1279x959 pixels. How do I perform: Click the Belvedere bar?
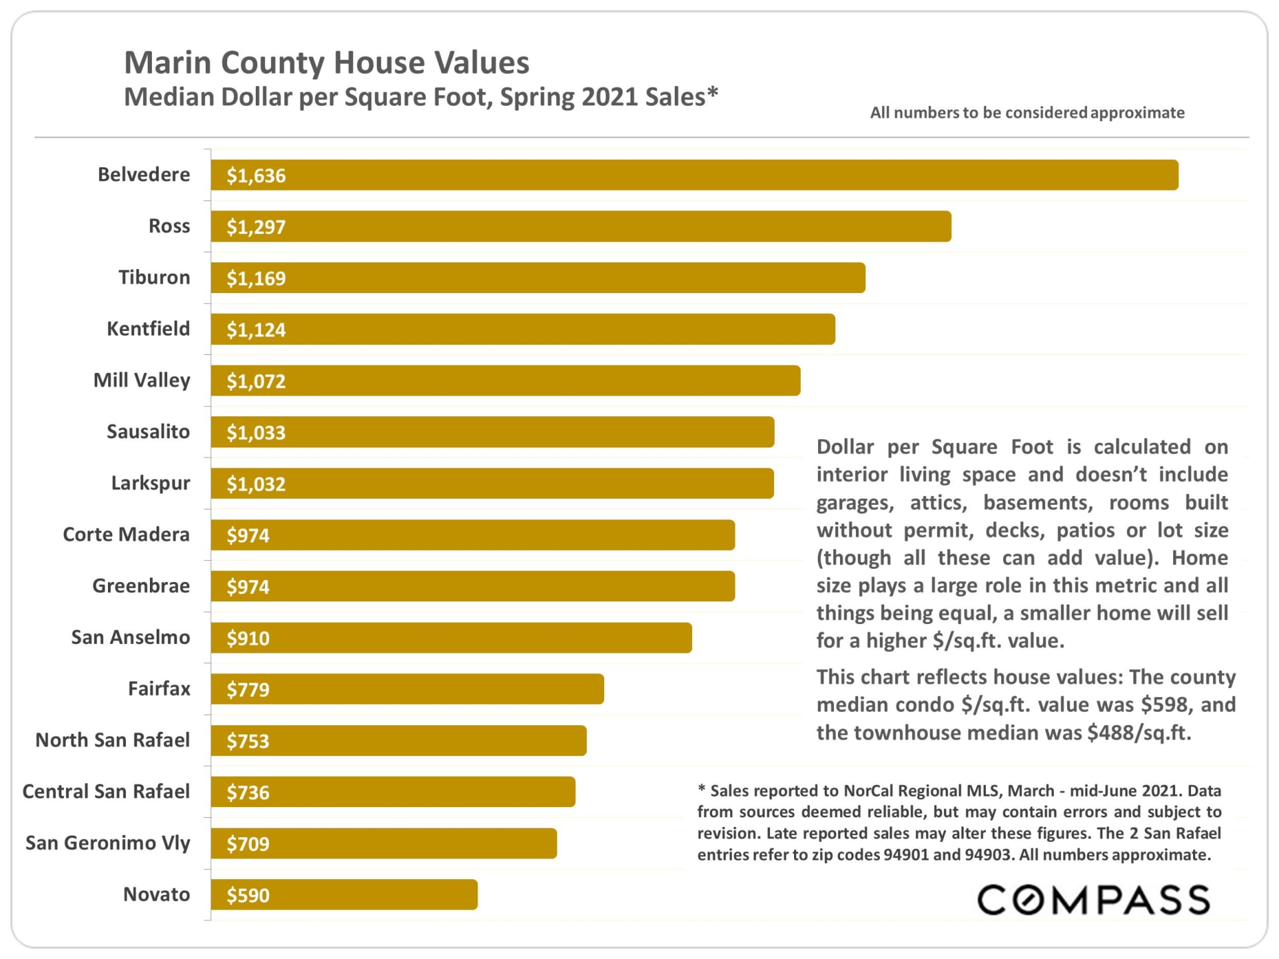click(694, 175)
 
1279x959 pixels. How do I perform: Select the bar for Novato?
click(344, 894)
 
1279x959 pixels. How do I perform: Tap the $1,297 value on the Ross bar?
click(256, 227)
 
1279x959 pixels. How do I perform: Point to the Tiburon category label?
click(154, 277)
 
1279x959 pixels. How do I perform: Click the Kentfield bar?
click(523, 329)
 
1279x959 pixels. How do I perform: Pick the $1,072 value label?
click(256, 381)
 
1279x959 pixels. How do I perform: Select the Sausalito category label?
click(148, 432)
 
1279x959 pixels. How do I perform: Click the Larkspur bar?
click(492, 483)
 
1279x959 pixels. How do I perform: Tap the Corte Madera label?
click(126, 534)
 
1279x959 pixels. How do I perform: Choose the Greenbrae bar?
click(473, 586)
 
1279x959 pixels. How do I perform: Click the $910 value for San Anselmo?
click(248, 638)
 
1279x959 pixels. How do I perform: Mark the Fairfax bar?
click(407, 689)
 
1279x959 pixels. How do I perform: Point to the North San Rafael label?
click(112, 740)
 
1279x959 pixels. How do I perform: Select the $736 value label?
click(248, 792)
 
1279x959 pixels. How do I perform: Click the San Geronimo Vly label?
click(107, 843)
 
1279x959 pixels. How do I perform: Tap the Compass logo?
click(1093, 900)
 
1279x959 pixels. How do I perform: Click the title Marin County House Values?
click(326, 63)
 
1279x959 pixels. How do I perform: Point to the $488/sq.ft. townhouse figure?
click(1138, 733)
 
